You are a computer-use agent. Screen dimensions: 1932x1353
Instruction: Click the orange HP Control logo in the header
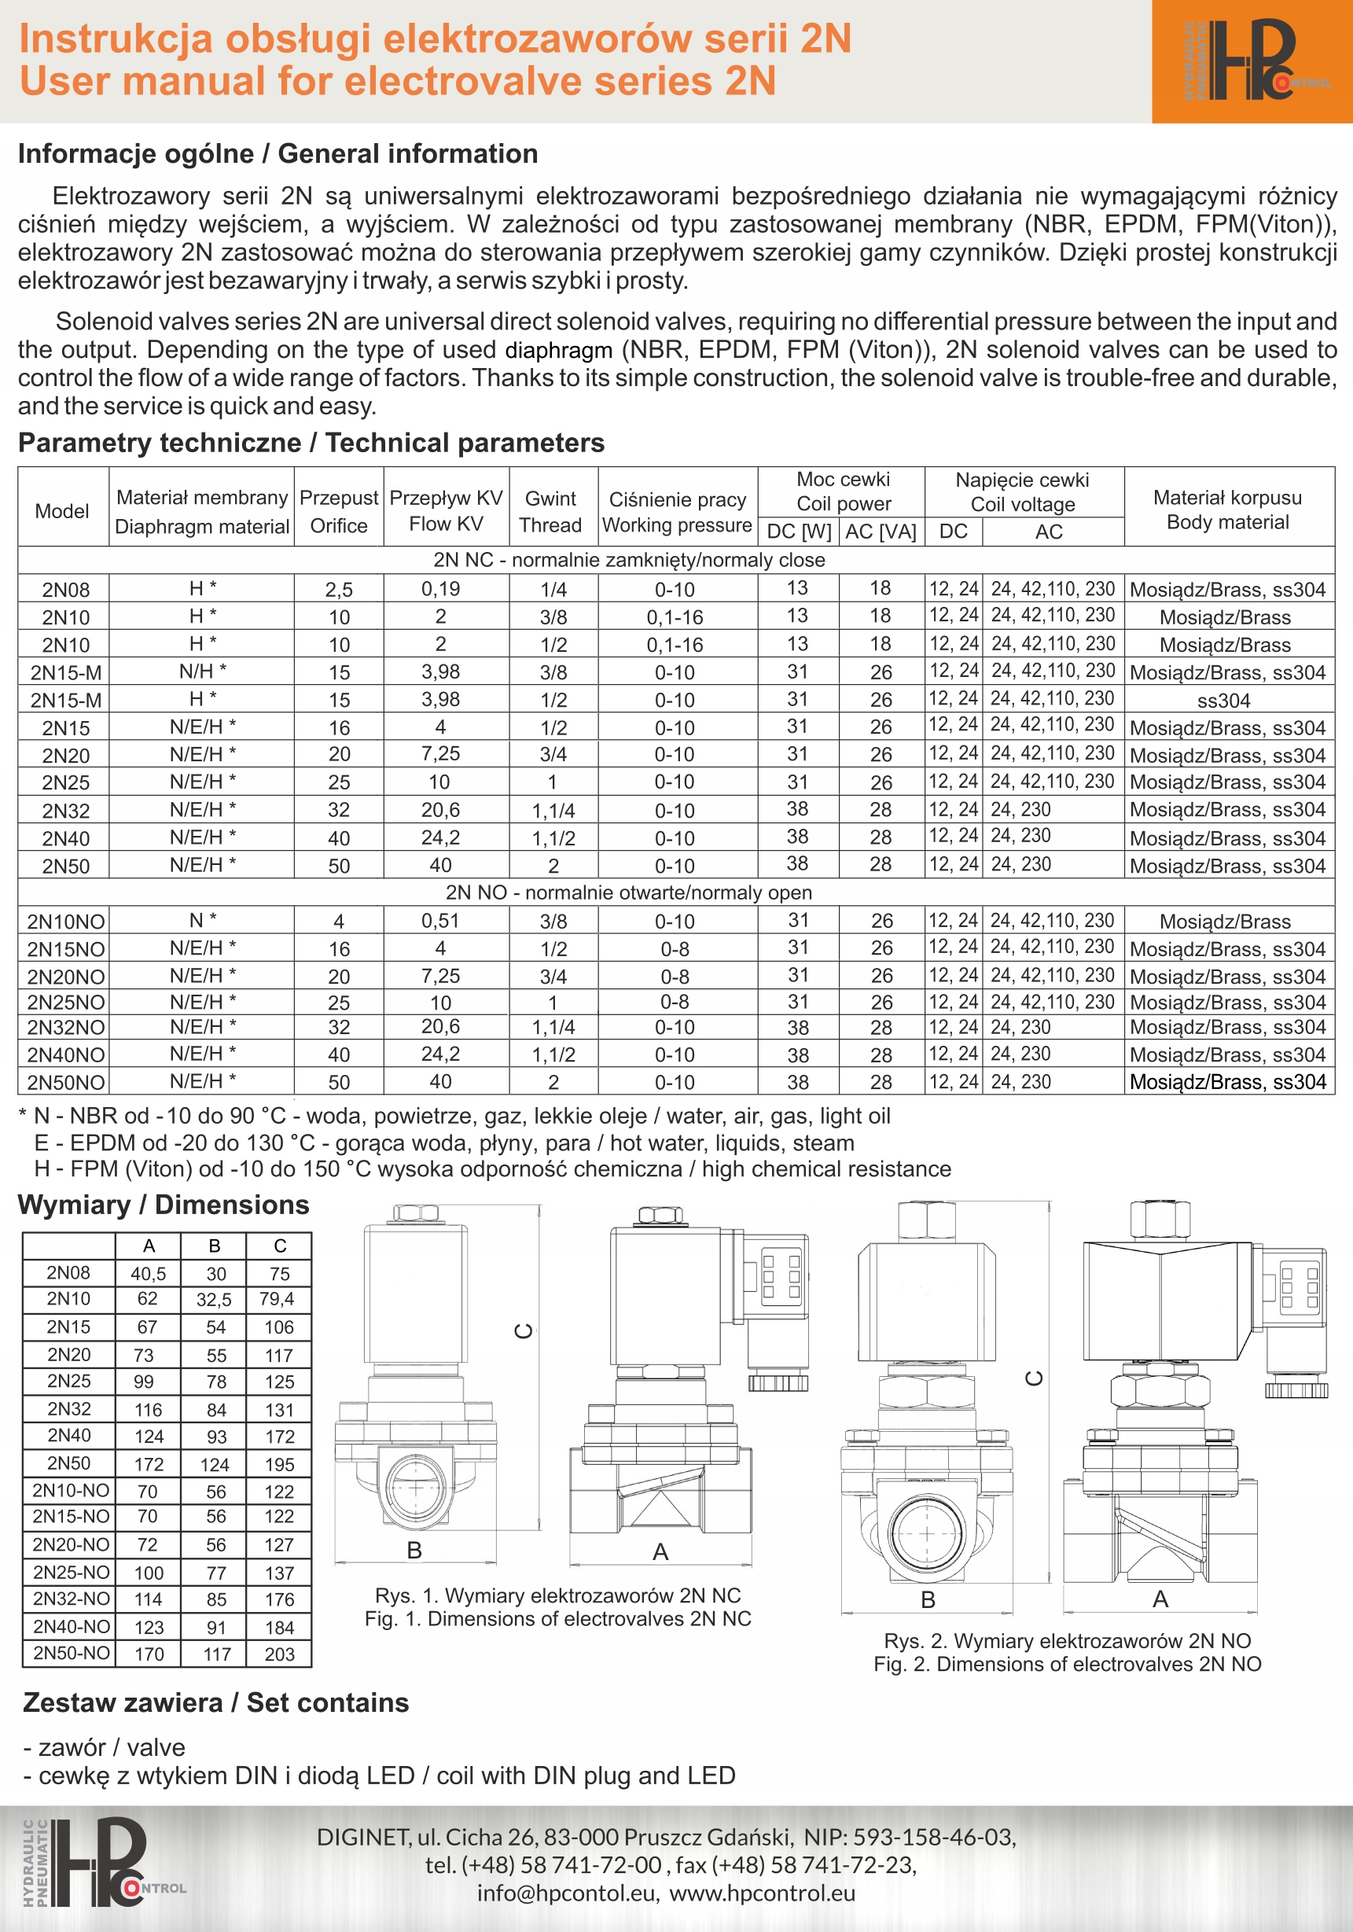click(x=1252, y=61)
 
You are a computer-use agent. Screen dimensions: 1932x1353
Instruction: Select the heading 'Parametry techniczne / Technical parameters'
click(x=311, y=443)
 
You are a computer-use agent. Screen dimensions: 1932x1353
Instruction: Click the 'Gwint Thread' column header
click(x=551, y=512)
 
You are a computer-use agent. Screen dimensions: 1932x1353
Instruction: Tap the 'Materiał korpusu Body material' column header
click(x=1228, y=510)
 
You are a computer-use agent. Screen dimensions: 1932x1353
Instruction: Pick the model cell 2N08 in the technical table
click(x=65, y=590)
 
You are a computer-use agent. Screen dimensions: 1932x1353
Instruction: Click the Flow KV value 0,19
click(x=441, y=589)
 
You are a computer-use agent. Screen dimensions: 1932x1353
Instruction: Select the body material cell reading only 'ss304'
click(x=1223, y=700)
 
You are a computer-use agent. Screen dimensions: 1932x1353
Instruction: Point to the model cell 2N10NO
click(x=65, y=922)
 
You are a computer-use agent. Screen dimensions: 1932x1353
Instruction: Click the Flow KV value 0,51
click(x=441, y=921)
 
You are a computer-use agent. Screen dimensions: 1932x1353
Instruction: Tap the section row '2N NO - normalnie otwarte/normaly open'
click(x=628, y=892)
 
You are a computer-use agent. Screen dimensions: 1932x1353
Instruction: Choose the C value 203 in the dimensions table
click(x=279, y=1654)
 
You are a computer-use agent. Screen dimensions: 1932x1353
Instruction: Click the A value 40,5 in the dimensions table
click(x=148, y=1274)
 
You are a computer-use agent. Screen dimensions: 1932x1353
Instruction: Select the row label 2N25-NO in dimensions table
click(x=72, y=1572)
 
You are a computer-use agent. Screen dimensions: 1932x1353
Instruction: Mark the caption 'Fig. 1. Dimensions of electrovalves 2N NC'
click(x=557, y=1619)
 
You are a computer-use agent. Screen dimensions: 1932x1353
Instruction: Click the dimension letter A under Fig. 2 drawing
click(x=1160, y=1599)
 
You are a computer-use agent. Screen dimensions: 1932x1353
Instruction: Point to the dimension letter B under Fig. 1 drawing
click(x=414, y=1550)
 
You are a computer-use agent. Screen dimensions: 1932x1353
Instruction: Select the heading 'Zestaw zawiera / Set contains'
click(x=215, y=1703)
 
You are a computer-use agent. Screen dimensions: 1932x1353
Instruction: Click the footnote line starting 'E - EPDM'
click(x=444, y=1143)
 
